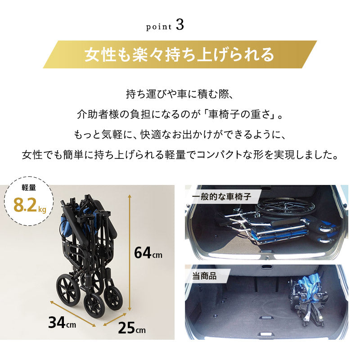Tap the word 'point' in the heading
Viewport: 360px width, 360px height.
(x=159, y=27)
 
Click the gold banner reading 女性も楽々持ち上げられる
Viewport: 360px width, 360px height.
(x=180, y=54)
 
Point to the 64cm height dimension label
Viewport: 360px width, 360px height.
(x=148, y=253)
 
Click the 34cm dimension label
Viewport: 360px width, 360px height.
(x=62, y=322)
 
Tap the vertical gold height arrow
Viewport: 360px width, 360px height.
(x=130, y=252)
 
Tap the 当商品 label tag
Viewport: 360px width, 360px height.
(x=204, y=276)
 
